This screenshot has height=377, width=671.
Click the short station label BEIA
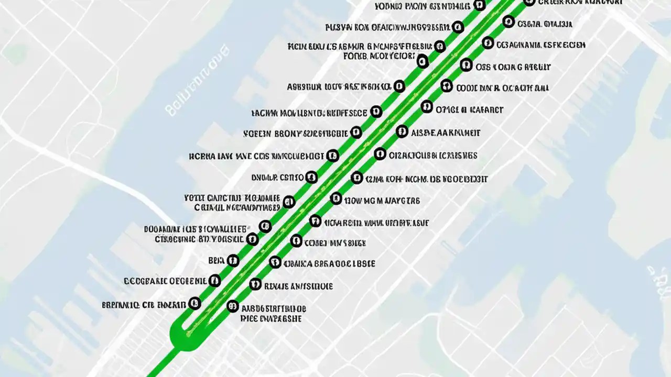click(x=216, y=260)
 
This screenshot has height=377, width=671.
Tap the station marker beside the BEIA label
click(x=233, y=260)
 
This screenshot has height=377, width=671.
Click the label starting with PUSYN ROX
click(x=387, y=27)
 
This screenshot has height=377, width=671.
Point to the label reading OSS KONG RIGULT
click(x=513, y=67)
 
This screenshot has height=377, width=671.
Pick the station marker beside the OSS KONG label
click(x=466, y=65)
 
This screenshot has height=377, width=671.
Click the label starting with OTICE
click(x=469, y=110)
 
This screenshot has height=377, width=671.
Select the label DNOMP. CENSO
click(x=278, y=178)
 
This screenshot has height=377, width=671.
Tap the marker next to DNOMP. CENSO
click(x=311, y=177)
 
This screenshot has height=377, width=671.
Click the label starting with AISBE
click(x=446, y=133)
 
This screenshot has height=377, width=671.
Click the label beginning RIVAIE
click(x=298, y=286)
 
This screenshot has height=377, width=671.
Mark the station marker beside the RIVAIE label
click(x=255, y=284)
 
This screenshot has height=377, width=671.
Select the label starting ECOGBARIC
click(x=165, y=281)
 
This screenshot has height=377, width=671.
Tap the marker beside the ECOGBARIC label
click(x=214, y=281)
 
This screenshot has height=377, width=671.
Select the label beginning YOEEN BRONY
click(x=296, y=133)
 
